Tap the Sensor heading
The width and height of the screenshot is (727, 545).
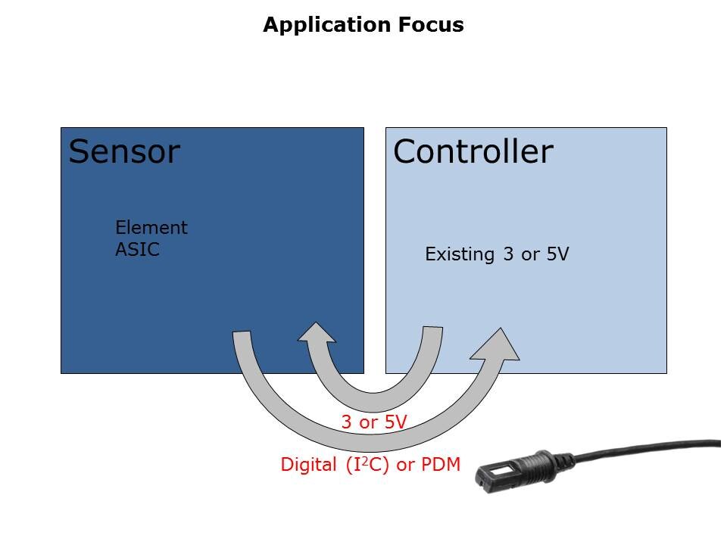coord(124,151)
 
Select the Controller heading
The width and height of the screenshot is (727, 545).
coord(473,151)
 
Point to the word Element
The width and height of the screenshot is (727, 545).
coord(151,227)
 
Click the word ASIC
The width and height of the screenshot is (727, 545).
coord(137,249)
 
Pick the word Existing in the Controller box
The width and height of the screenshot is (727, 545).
coord(460,254)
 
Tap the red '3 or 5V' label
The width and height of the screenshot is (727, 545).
coord(374,422)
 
